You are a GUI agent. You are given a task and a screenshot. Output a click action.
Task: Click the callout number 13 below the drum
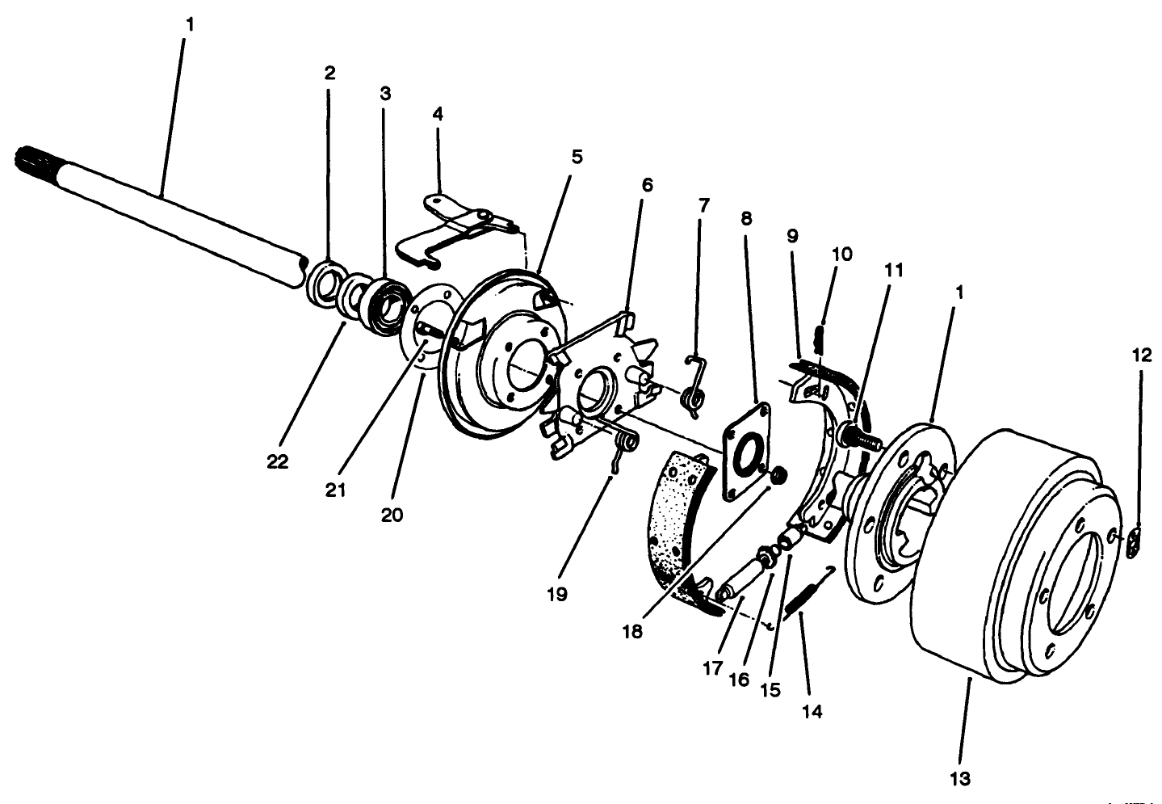[x=960, y=779]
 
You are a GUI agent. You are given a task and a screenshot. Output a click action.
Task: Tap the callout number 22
[x=279, y=461]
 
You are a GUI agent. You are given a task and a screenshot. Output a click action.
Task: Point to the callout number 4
[x=438, y=114]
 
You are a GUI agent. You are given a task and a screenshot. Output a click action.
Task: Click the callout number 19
[x=556, y=595]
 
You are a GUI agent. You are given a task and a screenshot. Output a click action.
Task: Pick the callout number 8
[x=745, y=218]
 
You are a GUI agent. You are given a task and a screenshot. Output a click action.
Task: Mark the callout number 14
[x=812, y=712]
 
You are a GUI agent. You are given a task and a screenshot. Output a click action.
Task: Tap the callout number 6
[x=647, y=183]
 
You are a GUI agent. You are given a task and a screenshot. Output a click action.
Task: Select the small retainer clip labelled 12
[x=1134, y=542]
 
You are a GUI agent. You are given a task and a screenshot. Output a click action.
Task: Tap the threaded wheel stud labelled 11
[x=862, y=437]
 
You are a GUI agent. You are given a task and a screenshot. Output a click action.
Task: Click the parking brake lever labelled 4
[x=452, y=226]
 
